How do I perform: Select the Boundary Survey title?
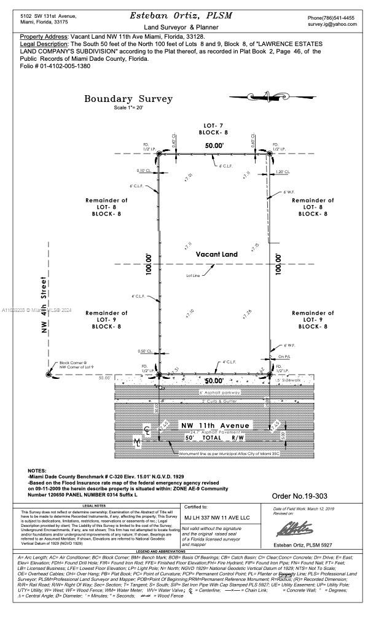pyautogui.click(x=128, y=99)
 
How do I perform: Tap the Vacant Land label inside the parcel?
pyautogui.click(x=216, y=254)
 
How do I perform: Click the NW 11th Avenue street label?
pyautogui.click(x=214, y=426)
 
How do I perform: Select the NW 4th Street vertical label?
pyautogui.click(x=44, y=306)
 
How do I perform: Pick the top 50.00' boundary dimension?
pyautogui.click(x=214, y=146)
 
